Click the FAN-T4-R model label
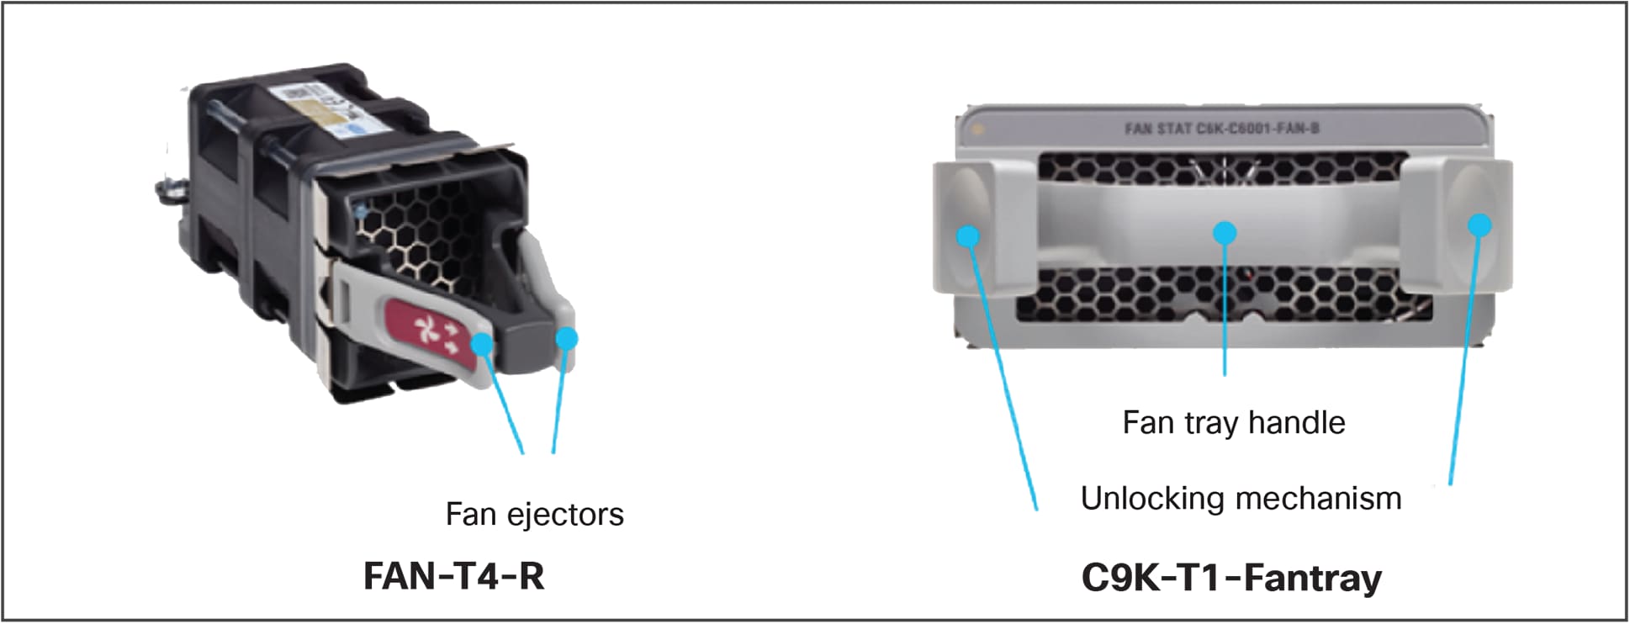pyautogui.click(x=453, y=577)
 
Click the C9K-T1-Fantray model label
pyautogui.click(x=1231, y=579)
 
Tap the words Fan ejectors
pyautogui.click(x=534, y=514)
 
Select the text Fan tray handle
pyautogui.click(x=1233, y=422)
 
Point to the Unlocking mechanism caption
pyautogui.click(x=1241, y=499)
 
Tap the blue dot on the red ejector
pyautogui.click(x=481, y=344)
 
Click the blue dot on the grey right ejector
pyautogui.click(x=568, y=338)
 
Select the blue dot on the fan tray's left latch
pyautogui.click(x=969, y=236)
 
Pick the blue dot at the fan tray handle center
pyautogui.click(x=1225, y=232)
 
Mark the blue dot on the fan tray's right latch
pyautogui.click(x=1479, y=225)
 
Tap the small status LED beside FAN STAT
pyautogui.click(x=976, y=130)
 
